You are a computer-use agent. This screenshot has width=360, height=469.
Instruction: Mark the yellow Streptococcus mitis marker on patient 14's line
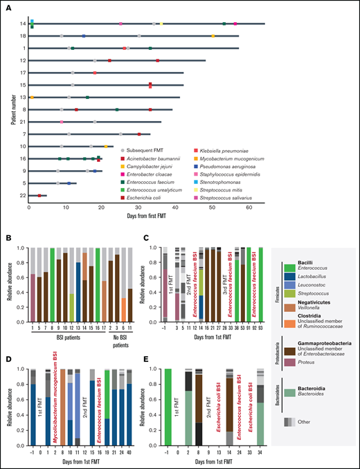coord(162,24)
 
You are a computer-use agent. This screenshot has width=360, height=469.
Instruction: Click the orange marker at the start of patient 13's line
coord(31,98)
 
